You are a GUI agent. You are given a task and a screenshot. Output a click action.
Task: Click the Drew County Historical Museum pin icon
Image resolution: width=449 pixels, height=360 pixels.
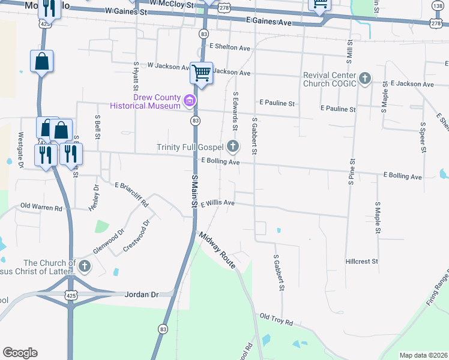(x=190, y=100)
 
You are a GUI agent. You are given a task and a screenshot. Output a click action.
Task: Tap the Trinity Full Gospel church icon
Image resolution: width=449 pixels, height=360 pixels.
(x=233, y=146)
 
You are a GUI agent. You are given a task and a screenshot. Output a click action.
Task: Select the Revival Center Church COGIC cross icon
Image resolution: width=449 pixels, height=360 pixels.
(x=365, y=79)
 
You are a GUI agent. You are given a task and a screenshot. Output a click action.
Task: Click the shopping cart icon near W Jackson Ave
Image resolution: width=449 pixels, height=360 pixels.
(x=202, y=73)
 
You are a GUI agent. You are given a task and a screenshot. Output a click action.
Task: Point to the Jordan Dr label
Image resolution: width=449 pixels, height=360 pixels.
(x=141, y=295)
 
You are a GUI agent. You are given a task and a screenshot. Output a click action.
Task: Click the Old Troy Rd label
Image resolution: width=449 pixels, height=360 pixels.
(x=276, y=319)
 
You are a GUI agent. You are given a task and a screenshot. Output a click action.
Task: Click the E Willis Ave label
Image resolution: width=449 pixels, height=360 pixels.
(x=217, y=203)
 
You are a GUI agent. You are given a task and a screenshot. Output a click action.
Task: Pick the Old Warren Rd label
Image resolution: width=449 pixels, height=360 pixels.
(x=41, y=207)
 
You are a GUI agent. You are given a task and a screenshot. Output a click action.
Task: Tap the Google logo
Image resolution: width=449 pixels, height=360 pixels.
(x=20, y=353)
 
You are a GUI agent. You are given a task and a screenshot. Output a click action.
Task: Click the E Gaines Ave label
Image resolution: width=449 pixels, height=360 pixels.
(x=268, y=22)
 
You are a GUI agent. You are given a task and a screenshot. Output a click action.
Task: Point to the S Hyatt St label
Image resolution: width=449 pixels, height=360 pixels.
(x=136, y=76)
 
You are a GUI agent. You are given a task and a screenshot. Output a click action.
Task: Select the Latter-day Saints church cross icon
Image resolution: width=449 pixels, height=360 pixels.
(x=85, y=266)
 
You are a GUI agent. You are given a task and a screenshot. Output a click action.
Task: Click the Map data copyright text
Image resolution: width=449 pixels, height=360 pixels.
(x=423, y=355)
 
